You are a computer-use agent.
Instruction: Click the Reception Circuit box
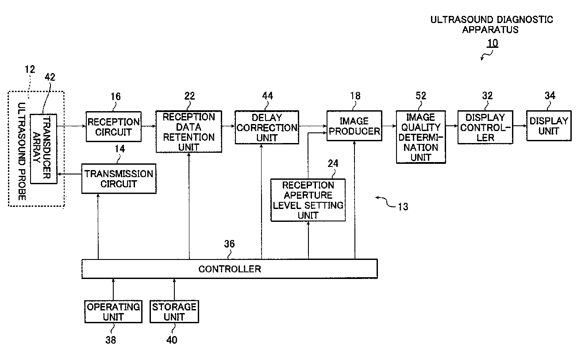pos(114,127)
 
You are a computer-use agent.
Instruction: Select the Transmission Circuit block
pos(119,179)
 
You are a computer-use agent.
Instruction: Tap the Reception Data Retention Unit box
pos(189,132)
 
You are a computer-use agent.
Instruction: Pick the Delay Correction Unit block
pos(267,127)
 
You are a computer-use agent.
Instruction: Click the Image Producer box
pos(354,126)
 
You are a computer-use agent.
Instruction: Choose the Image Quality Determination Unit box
pos(421,137)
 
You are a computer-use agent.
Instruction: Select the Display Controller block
pos(485,127)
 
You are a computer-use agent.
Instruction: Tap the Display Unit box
pos(549,126)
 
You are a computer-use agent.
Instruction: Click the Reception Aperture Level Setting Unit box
pos(308,200)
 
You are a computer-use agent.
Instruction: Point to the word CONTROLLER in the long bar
pos(230,269)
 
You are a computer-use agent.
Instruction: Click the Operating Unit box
pos(113,312)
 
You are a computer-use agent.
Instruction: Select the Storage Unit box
pos(174,312)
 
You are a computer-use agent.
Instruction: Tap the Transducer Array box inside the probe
pos(44,149)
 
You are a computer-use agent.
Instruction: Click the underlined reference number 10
pos(492,43)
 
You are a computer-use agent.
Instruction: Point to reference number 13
pos(403,207)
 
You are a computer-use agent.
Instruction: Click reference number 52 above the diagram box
pos(421,96)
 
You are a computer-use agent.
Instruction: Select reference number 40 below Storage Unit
pos(172,340)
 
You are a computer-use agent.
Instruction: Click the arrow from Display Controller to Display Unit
pos(520,126)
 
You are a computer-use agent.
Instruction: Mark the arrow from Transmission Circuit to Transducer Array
pos(69,174)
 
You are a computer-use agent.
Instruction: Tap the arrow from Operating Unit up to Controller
pos(113,290)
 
